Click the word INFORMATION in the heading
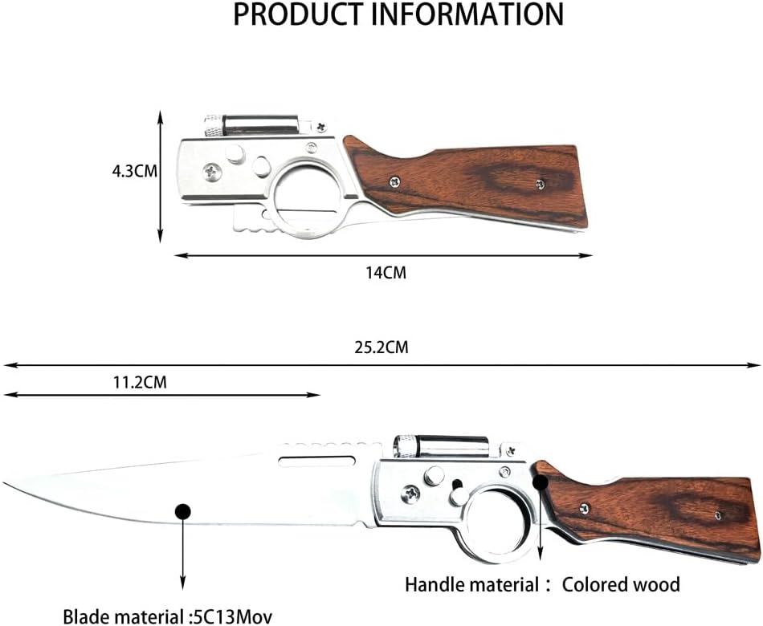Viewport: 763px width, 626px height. (467, 14)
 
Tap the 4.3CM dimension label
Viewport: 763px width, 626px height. (135, 171)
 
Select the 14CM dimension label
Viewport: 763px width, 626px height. (386, 273)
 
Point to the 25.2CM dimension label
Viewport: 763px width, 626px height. (381, 348)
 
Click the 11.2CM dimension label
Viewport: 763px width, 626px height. (140, 383)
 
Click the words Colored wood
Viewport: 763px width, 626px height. (621, 584)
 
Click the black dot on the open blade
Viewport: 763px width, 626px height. (183, 511)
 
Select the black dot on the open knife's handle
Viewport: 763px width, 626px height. (541, 483)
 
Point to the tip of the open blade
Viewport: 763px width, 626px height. (4, 483)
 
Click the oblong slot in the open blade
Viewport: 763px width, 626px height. (316, 461)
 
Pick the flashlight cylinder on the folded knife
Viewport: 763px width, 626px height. (251, 126)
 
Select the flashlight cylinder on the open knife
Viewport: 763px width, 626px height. (441, 446)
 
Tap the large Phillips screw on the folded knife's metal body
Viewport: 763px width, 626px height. (212, 172)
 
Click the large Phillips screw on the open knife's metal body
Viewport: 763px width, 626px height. (411, 494)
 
